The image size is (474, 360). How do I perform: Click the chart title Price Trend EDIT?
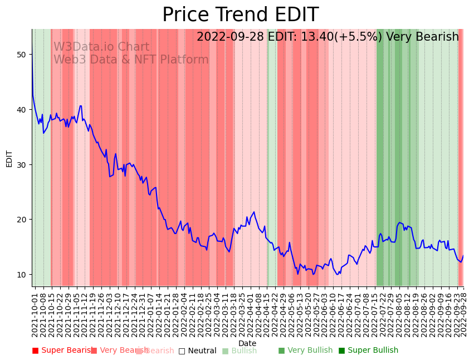coord(240,15)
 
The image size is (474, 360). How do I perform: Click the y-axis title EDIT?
coord(9,158)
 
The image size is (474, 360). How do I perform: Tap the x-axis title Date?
coord(247,343)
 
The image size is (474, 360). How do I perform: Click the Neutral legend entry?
coord(198,351)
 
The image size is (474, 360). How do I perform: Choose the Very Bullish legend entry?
coord(306,351)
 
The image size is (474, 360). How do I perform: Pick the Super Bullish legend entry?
coord(369,351)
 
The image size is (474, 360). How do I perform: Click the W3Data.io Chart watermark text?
coord(101,47)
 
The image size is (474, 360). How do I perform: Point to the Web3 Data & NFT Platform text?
coord(131,60)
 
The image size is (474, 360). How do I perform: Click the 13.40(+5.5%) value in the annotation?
coord(341,37)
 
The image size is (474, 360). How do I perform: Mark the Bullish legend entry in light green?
coord(240,351)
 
